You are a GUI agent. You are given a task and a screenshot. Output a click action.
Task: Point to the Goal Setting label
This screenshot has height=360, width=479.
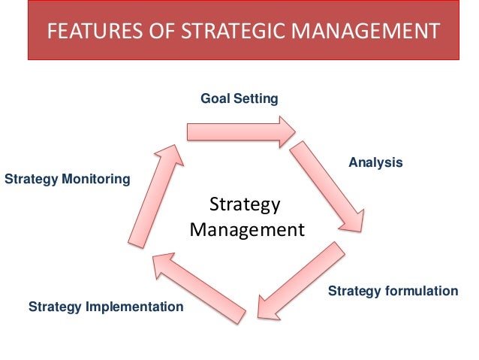pos(239,98)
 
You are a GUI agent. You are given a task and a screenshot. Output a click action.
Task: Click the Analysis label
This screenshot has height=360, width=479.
pos(375,162)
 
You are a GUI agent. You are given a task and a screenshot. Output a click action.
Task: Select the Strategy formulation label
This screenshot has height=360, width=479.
pos(393,291)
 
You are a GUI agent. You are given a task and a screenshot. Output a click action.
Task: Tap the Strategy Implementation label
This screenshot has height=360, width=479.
pos(106,307)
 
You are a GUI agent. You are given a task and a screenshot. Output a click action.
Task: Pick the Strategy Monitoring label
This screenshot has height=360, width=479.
pos(67,180)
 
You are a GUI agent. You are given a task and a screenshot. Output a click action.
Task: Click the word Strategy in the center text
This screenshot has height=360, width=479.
pos(244,204)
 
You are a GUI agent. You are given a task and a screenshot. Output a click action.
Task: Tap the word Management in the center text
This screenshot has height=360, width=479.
pos(247,229)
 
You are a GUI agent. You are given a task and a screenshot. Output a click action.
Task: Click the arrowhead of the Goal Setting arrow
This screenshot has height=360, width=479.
pos(287,132)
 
